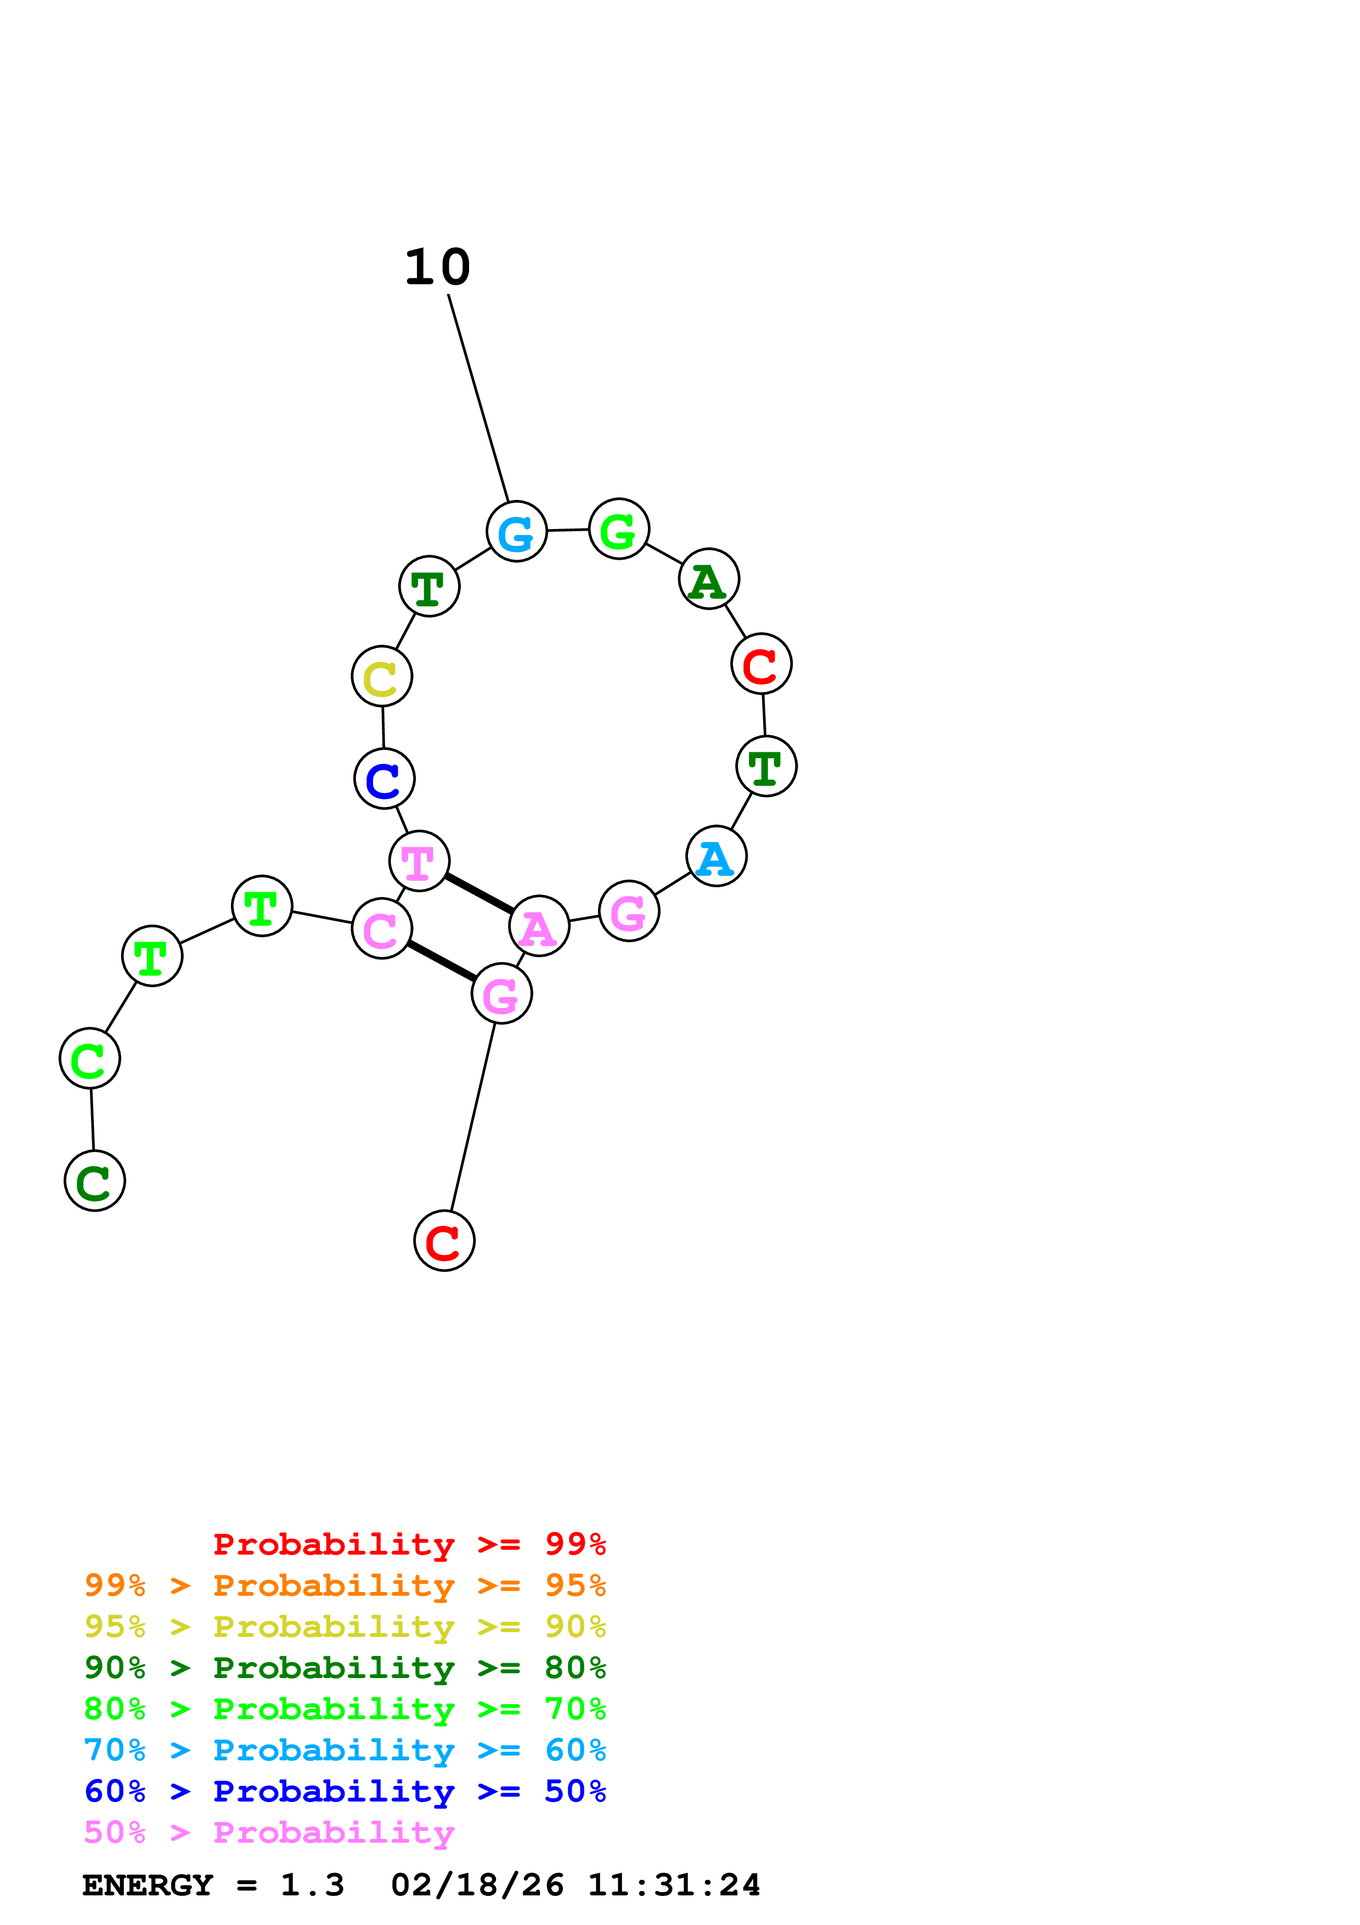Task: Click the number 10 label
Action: pyautogui.click(x=437, y=268)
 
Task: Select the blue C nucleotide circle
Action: pyautogui.click(x=384, y=779)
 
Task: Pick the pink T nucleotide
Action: pyautogui.click(x=419, y=861)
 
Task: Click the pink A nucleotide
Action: pyautogui.click(x=539, y=926)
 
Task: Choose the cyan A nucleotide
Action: pyautogui.click(x=715, y=856)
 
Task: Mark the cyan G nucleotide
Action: pyautogui.click(x=516, y=532)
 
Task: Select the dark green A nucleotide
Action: pyautogui.click(x=708, y=579)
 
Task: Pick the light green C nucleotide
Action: pyautogui.click(x=89, y=1058)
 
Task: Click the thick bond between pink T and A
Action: pyautogui.click(x=479, y=894)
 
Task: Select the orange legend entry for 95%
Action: pyautogui.click(x=345, y=1585)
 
